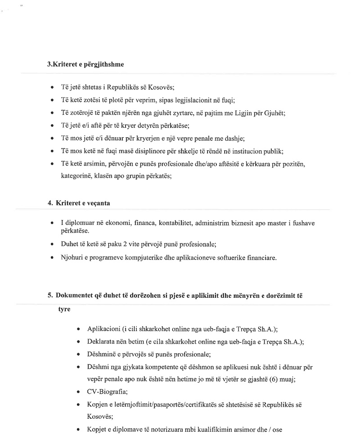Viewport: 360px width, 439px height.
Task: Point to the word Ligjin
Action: point(243,112)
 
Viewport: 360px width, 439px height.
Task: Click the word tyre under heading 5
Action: point(64,310)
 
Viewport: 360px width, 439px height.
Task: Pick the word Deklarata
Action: point(101,341)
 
